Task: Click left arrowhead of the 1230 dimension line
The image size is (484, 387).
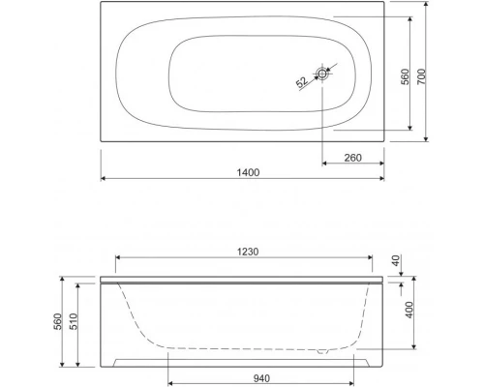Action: coord(118,258)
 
